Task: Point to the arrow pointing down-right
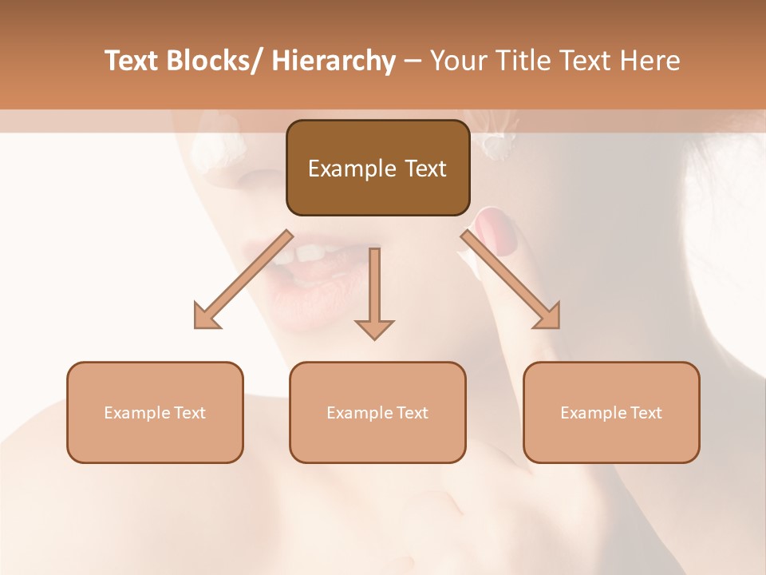point(511,280)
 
